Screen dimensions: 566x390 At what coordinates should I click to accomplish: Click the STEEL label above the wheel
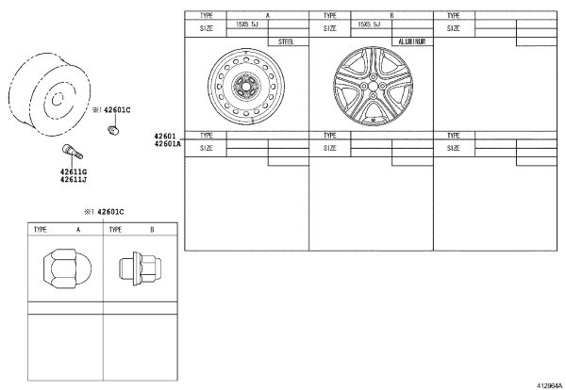coord(286,41)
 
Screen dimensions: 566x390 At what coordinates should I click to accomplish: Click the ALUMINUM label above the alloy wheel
coord(412,41)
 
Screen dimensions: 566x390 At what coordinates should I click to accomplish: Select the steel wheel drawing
coord(246,87)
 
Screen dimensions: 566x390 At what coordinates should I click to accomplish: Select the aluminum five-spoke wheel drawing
coord(373,86)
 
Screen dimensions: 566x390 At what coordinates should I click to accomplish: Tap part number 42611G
coord(74,172)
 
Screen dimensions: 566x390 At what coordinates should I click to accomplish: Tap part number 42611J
coord(74,180)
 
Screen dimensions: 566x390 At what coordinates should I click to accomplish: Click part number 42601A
coord(168,144)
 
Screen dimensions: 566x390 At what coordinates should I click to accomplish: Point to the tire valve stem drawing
coord(73,151)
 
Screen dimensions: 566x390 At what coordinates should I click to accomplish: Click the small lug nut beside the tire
coord(113,130)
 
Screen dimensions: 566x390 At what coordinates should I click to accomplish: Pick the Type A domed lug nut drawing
coord(67,268)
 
